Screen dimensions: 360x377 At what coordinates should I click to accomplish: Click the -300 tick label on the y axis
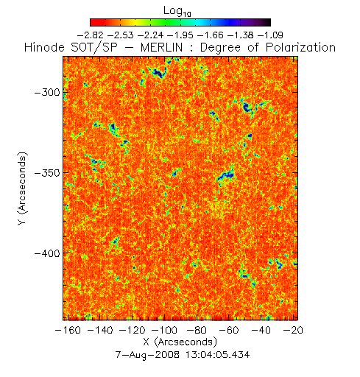click(x=47, y=93)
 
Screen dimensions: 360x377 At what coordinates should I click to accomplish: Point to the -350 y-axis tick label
click(x=47, y=173)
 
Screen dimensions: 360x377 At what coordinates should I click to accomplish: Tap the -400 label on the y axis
click(x=47, y=253)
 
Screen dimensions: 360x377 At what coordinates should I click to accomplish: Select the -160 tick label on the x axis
click(x=68, y=330)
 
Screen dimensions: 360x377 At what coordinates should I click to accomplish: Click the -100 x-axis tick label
click(x=164, y=330)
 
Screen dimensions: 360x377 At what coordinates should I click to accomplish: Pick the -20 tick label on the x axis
click(x=293, y=330)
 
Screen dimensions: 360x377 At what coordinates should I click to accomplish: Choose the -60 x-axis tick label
click(x=228, y=330)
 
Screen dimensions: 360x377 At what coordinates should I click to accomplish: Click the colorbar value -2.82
click(x=91, y=35)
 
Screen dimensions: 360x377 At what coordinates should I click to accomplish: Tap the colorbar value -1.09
click(x=270, y=35)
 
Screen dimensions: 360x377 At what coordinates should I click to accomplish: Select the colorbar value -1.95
click(x=180, y=35)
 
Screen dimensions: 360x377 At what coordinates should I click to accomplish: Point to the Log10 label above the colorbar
click(x=177, y=11)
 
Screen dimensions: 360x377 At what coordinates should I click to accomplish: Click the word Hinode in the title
click(x=44, y=47)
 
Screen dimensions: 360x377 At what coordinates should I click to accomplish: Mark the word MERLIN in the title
click(x=161, y=47)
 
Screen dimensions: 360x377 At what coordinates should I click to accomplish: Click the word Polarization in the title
click(x=300, y=47)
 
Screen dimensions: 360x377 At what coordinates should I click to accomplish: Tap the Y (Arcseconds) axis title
click(x=22, y=188)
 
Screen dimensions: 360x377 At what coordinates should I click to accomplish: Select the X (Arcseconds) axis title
click(x=180, y=342)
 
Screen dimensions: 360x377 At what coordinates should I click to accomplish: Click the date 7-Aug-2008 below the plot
click(x=147, y=355)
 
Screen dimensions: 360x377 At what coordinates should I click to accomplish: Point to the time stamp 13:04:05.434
click(x=217, y=355)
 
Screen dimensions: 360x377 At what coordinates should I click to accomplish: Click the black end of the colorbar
click(x=267, y=22)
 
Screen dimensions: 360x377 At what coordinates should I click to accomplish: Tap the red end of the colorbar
click(x=94, y=22)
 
